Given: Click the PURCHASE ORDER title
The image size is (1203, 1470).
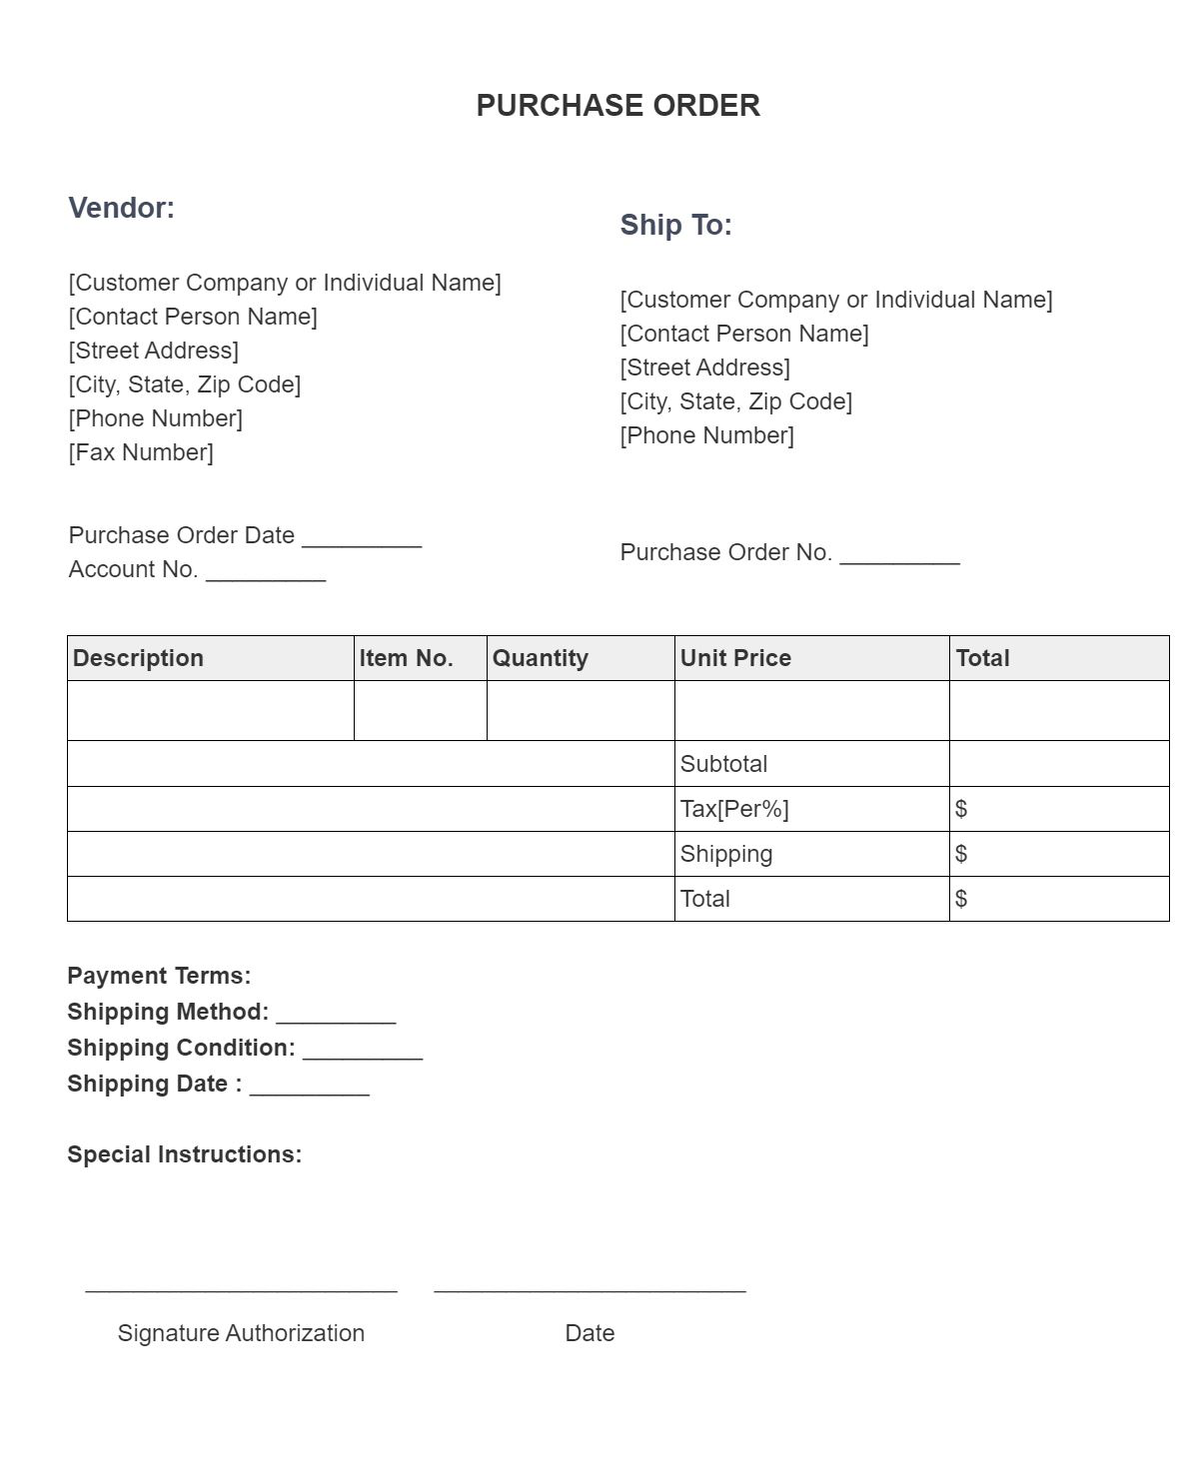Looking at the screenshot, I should (617, 106).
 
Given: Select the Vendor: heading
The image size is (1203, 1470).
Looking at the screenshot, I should (121, 208).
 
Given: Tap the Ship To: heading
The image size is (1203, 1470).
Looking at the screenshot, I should (675, 225).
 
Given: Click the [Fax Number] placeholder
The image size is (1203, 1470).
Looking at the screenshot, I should (141, 452).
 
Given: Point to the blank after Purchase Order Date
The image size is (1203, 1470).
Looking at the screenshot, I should (362, 539).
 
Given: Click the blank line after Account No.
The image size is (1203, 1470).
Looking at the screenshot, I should (266, 573).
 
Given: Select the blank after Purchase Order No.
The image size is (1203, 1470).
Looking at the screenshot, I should (899, 556).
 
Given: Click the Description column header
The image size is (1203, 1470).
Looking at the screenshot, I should (138, 658).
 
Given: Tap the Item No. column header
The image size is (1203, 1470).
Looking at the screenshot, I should (406, 658).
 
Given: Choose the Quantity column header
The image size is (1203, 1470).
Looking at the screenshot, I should (540, 658).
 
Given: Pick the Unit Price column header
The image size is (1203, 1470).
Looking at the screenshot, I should (735, 658).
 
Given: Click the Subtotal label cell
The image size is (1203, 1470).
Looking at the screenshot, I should (723, 764).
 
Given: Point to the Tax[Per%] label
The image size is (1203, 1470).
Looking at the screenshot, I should (734, 809).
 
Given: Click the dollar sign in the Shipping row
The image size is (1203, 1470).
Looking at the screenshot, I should (961, 854).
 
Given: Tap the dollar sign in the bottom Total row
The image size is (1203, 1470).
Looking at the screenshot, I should (961, 899).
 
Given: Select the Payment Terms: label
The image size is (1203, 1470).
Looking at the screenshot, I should (159, 976).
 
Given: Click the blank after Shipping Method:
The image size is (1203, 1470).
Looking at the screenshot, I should (336, 1017).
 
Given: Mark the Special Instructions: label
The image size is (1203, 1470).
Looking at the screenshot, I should (184, 1154).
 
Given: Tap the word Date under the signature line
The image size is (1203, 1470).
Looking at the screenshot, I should (590, 1333).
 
